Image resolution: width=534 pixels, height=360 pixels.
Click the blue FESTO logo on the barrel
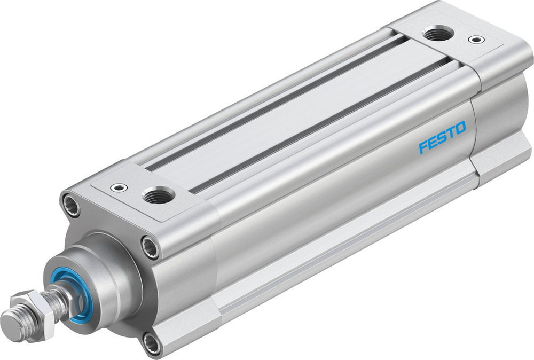pos(442,136)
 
